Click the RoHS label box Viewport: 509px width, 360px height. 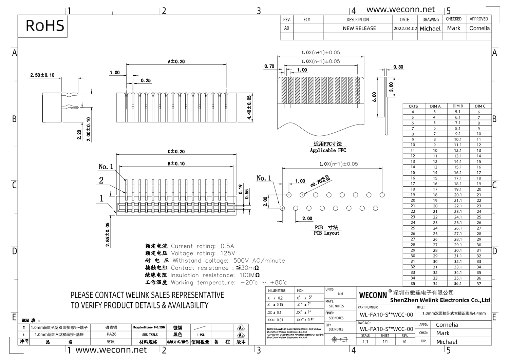(x=45, y=26)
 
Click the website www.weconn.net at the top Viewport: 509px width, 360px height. (x=400, y=10)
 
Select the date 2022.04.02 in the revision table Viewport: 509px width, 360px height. (x=405, y=29)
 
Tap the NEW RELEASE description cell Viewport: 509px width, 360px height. (x=359, y=29)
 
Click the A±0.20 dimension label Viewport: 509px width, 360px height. (x=176, y=61)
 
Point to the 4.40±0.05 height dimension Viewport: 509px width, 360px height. (x=249, y=107)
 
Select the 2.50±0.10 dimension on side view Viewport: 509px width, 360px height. (x=42, y=75)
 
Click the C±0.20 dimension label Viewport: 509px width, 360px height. (x=176, y=151)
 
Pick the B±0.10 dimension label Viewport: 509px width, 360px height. (x=176, y=164)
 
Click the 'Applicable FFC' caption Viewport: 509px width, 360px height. (x=328, y=150)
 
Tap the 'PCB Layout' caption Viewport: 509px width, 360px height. (x=326, y=233)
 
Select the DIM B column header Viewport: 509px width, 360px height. (x=458, y=106)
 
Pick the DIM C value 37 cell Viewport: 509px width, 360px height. (x=479, y=284)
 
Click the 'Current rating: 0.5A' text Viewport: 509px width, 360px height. (x=202, y=246)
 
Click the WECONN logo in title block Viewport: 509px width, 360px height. (x=373, y=295)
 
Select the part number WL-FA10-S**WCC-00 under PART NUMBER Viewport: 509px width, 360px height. (x=386, y=315)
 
